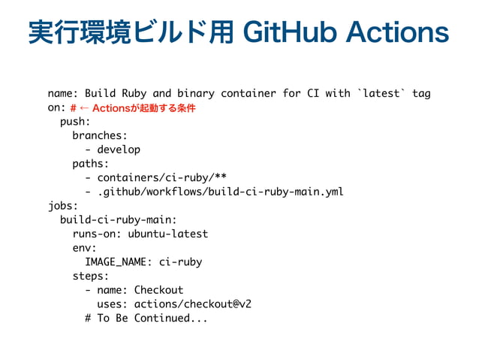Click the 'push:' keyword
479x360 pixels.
point(75,122)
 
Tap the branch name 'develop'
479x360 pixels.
point(119,150)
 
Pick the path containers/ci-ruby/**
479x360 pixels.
point(162,177)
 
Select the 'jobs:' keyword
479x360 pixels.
point(63,205)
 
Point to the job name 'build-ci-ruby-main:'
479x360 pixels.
point(119,219)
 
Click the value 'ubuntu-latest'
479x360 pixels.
point(168,234)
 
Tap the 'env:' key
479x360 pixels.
point(85,247)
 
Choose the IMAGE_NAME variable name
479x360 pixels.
point(116,262)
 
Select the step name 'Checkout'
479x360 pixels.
point(158,289)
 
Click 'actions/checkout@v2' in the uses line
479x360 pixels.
point(192,304)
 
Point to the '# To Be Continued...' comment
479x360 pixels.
point(146,317)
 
